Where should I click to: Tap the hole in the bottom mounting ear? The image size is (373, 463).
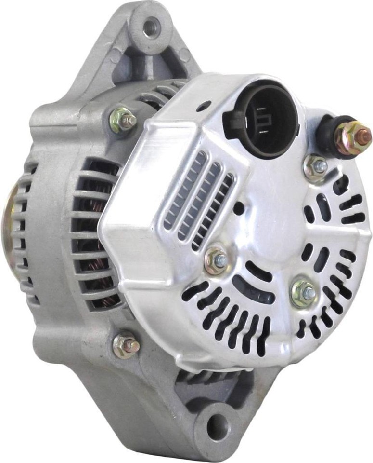point(218,426)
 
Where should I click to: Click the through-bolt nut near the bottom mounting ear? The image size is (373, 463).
point(126,344)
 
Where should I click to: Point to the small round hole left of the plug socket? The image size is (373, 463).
point(203,106)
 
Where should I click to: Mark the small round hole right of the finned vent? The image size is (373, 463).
point(238,209)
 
